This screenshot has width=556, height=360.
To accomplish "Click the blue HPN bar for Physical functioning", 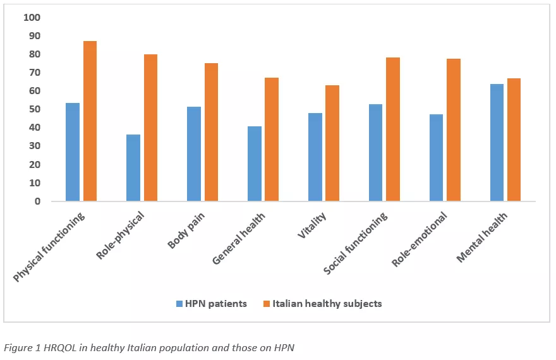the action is click(x=73, y=152).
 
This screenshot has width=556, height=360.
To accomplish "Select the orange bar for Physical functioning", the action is click(x=90, y=121).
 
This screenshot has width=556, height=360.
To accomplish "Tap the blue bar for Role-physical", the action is click(x=133, y=168).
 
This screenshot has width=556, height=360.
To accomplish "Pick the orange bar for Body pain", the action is click(x=211, y=132).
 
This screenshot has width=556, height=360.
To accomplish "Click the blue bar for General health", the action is click(x=255, y=164).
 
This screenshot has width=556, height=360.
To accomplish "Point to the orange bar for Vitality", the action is click(x=332, y=143).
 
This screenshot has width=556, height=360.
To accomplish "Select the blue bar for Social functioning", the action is click(x=375, y=153).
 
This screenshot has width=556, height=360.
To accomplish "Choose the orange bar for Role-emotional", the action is click(x=454, y=130).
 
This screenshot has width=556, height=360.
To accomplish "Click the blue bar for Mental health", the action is click(x=497, y=143).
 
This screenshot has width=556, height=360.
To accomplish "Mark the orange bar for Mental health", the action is click(x=514, y=140).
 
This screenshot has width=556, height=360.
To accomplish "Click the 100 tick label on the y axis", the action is click(x=32, y=17).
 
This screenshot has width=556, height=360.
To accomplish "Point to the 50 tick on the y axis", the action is click(x=35, y=109).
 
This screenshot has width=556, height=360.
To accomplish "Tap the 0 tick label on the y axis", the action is click(x=37, y=201).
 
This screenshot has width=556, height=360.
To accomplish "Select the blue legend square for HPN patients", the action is click(x=179, y=304).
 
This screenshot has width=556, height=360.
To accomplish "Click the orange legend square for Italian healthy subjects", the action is click(x=267, y=304).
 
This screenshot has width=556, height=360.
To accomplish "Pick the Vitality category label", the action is click(x=311, y=225).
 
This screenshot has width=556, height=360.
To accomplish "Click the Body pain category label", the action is click(x=186, y=231).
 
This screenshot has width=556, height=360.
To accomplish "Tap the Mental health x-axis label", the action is click(x=482, y=237).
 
